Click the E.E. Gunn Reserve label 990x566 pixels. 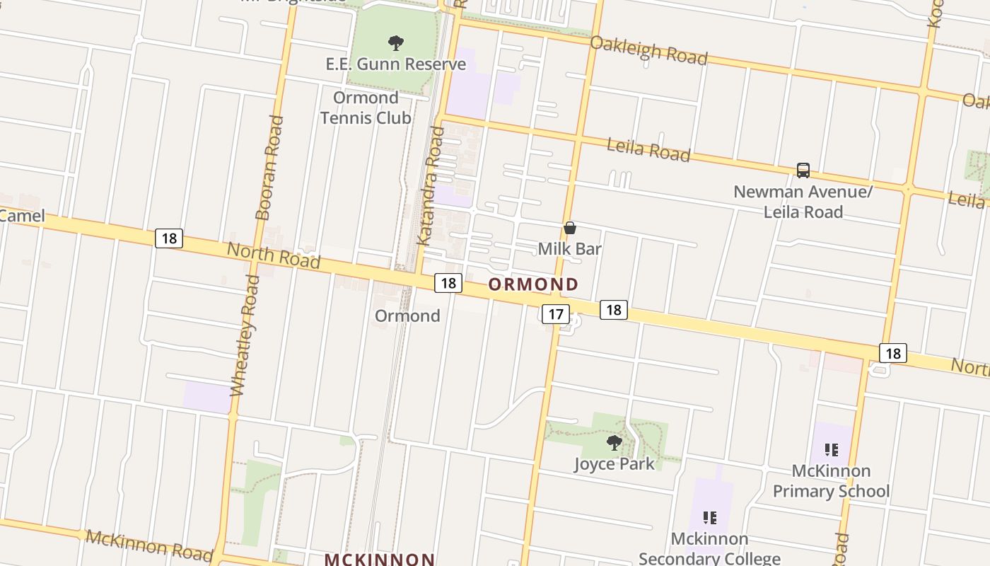tap(395, 64)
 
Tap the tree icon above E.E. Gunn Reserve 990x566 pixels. tap(396, 43)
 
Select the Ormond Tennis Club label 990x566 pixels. tap(366, 108)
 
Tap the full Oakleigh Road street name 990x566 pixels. tap(648, 50)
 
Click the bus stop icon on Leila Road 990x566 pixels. tap(803, 171)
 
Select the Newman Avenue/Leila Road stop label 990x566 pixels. tap(803, 202)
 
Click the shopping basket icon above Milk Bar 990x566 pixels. tap(570, 228)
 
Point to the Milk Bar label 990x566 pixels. tap(569, 249)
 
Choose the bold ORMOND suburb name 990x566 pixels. tap(533, 284)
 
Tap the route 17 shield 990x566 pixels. tap(556, 314)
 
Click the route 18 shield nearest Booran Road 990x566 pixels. tap(169, 238)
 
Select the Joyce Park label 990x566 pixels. tap(614, 464)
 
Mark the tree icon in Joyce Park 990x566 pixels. tap(614, 444)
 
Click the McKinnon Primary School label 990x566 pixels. tap(831, 481)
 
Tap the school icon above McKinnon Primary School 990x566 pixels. tap(831, 450)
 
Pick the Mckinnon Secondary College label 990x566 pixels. tap(709, 548)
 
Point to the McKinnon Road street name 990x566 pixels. tap(148, 545)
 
